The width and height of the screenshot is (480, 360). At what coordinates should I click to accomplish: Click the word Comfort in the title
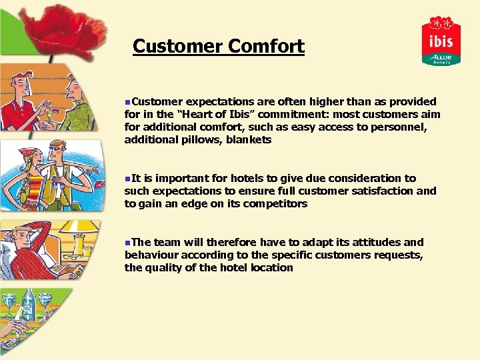266,47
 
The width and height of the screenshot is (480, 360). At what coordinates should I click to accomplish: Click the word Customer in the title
177,47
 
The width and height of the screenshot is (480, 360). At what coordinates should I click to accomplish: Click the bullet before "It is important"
127,179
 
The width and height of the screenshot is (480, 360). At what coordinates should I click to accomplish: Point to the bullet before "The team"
127,243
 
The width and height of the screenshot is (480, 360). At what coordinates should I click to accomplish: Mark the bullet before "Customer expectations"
127,102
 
